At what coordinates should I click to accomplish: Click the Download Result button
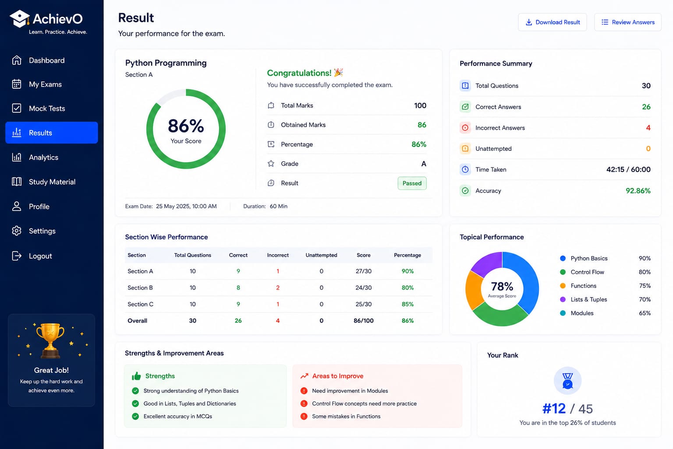(x=552, y=22)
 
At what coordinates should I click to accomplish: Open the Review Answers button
(x=627, y=22)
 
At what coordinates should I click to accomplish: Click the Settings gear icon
(x=17, y=231)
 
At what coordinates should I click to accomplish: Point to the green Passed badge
(x=412, y=183)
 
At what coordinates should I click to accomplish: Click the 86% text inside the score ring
(x=186, y=126)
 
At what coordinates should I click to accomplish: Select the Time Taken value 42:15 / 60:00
(x=628, y=170)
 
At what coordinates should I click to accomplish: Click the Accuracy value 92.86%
(x=638, y=191)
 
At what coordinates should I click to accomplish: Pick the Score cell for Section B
(x=364, y=288)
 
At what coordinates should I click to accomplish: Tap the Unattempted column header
(x=322, y=255)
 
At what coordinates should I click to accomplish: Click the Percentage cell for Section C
(x=407, y=304)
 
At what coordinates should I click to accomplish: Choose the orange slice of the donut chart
(x=473, y=290)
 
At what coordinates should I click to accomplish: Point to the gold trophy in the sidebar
(x=50, y=340)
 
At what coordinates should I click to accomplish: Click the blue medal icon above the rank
(x=567, y=381)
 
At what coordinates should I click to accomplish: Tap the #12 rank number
(x=554, y=409)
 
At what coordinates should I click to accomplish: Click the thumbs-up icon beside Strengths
(x=136, y=376)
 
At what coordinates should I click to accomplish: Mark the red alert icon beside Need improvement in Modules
(x=304, y=391)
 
